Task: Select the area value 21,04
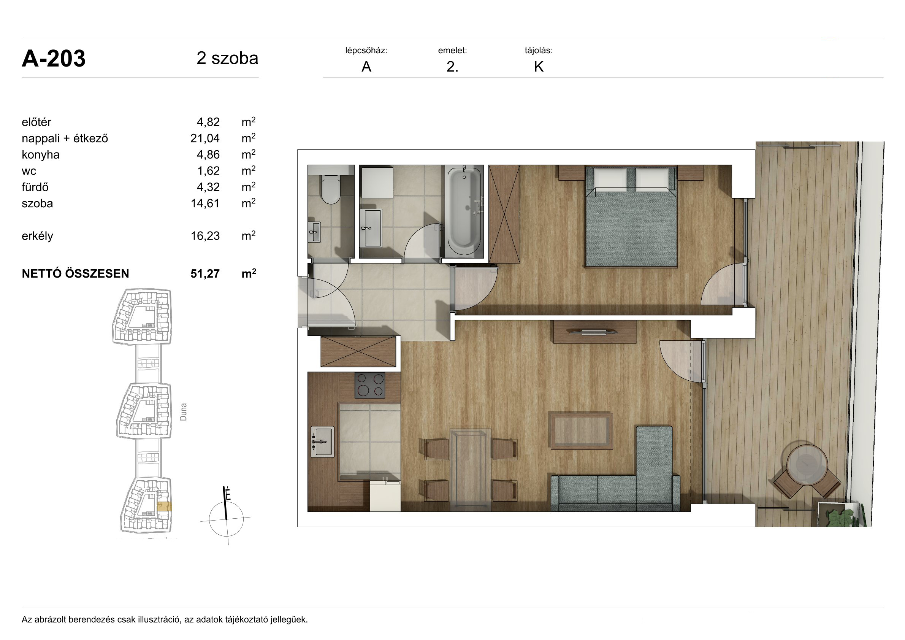tap(205, 138)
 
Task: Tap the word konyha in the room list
tap(41, 154)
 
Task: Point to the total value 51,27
tap(205, 274)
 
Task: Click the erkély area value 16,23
tap(205, 236)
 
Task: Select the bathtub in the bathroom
tap(464, 211)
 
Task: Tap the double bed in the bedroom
tap(631, 216)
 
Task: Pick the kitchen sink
tap(322, 441)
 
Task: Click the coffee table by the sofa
tap(582, 431)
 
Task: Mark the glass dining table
tap(471, 470)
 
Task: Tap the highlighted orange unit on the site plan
tap(164, 506)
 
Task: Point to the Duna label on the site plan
tap(183, 412)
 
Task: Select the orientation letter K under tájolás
tap(539, 67)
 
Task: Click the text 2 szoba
tap(227, 58)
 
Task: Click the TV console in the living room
tap(595, 332)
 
